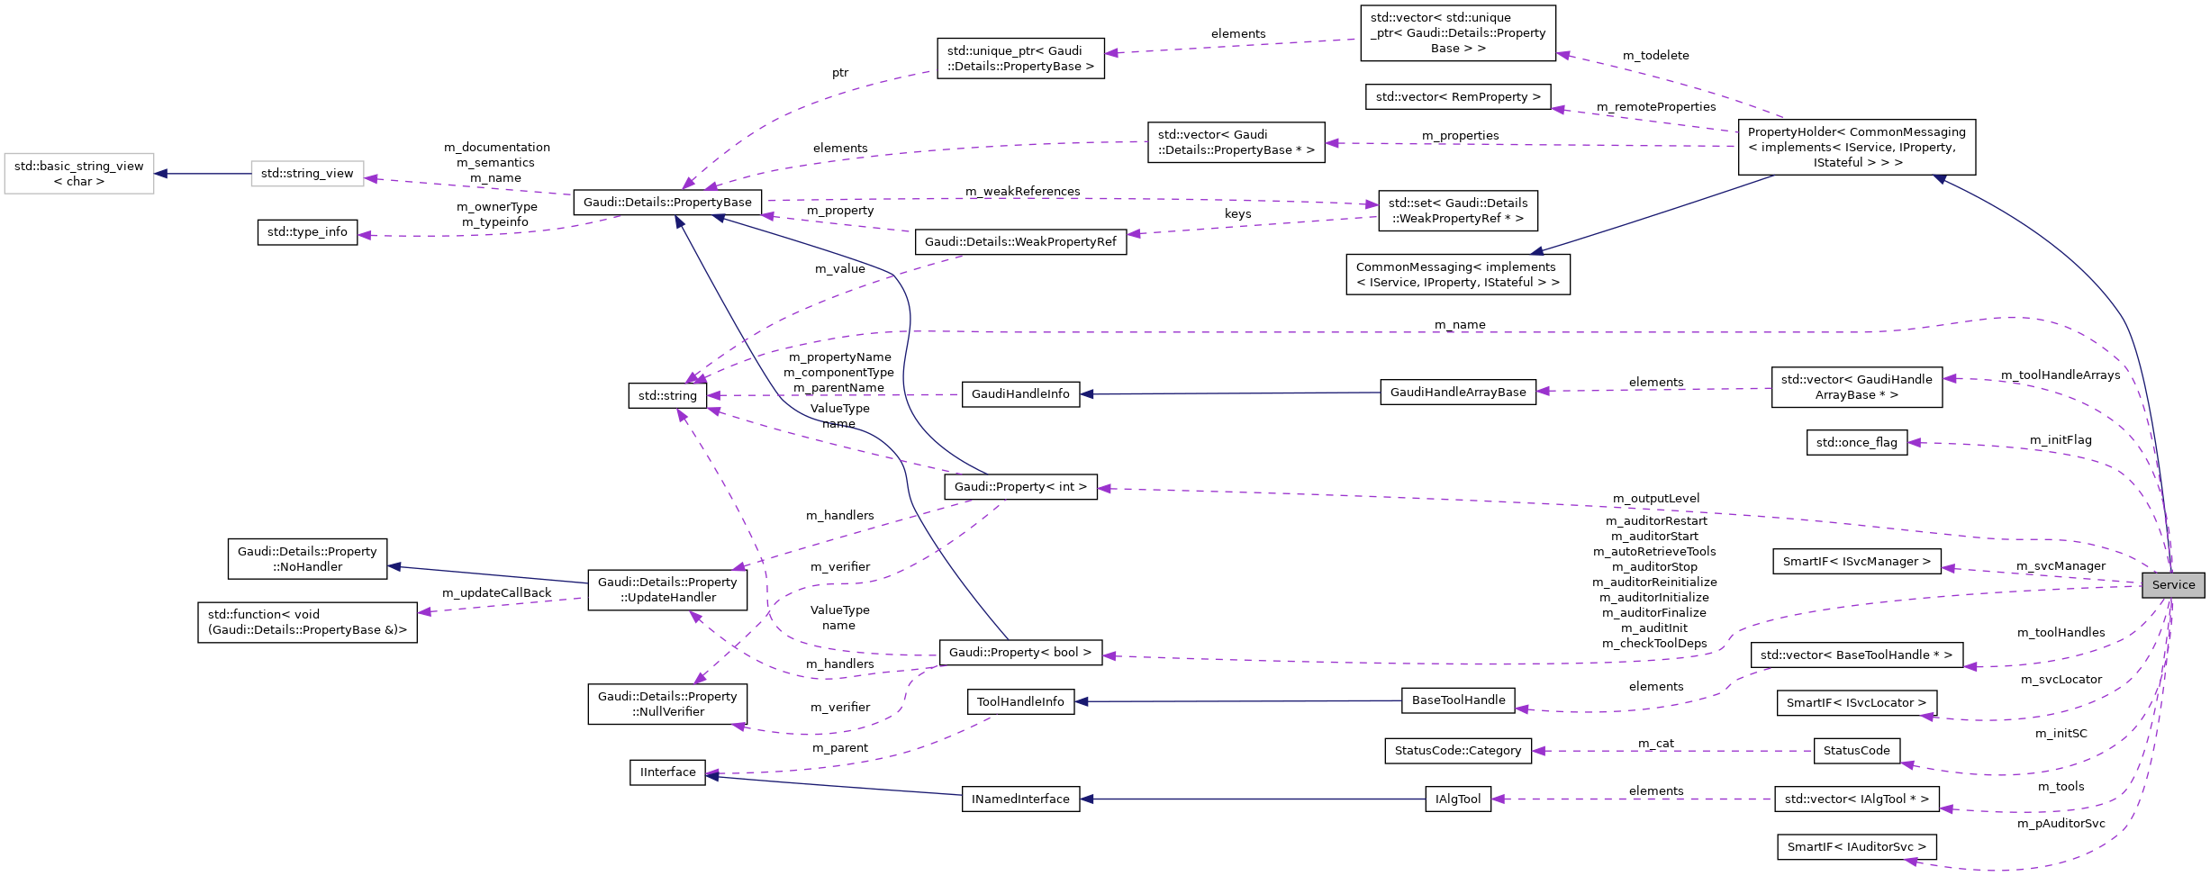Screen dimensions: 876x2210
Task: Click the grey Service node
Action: coord(2173,585)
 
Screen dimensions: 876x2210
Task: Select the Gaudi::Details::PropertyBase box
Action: coord(667,203)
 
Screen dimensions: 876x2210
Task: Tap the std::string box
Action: coord(667,395)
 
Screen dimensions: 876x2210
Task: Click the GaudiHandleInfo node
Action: coord(1020,394)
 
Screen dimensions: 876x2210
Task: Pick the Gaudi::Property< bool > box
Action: coord(1020,653)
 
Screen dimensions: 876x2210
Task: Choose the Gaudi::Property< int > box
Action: coord(1020,487)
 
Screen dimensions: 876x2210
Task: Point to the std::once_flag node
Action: coord(1856,443)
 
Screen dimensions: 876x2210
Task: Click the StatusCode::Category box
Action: coord(1457,751)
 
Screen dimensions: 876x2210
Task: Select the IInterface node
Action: coord(667,772)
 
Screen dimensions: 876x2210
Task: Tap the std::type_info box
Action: coord(307,232)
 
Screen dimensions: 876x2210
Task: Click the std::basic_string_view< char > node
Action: coord(79,174)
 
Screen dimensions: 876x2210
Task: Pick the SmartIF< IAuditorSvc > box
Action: coord(1856,847)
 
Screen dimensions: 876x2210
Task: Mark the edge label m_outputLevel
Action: coord(1656,499)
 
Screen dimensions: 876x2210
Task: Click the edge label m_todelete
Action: coord(1655,56)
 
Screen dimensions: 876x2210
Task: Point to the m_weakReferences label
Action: coord(1022,192)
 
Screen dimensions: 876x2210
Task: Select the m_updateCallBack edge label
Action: coord(496,593)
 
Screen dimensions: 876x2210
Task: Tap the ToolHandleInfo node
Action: coord(1020,702)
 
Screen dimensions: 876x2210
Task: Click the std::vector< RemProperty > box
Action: coord(1457,97)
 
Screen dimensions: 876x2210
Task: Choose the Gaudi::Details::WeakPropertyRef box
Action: coord(1020,242)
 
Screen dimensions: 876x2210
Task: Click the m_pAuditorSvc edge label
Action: coord(2061,824)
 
